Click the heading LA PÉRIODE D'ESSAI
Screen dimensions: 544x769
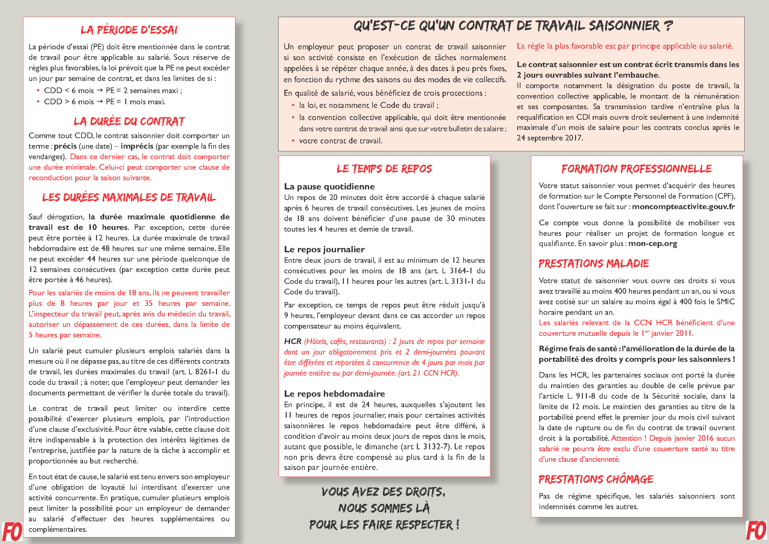tap(129, 30)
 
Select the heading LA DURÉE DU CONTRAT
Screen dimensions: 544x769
tap(129, 121)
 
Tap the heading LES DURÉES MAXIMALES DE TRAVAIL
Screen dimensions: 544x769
tap(129, 197)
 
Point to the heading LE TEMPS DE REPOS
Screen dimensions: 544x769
tap(384, 169)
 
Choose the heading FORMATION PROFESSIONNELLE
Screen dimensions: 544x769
tap(637, 169)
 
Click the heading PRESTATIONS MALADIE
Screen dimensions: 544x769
tap(593, 264)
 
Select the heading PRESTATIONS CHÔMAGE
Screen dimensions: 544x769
tap(595, 479)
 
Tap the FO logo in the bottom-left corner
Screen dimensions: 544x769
tap(12, 532)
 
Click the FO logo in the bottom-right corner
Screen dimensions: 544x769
tap(756, 532)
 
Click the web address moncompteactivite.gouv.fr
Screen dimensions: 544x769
tap(683, 207)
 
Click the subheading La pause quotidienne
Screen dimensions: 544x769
tap(329, 186)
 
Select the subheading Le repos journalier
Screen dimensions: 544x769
tap(324, 249)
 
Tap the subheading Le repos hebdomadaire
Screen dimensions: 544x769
tap(334, 394)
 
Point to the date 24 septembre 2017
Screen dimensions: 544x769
tap(549, 138)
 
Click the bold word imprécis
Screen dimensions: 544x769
tap(137, 146)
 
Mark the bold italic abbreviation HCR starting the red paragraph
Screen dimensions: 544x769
tap(292, 341)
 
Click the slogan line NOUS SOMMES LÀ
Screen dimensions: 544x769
tap(384, 508)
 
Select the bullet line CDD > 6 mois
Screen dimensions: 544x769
tap(105, 102)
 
